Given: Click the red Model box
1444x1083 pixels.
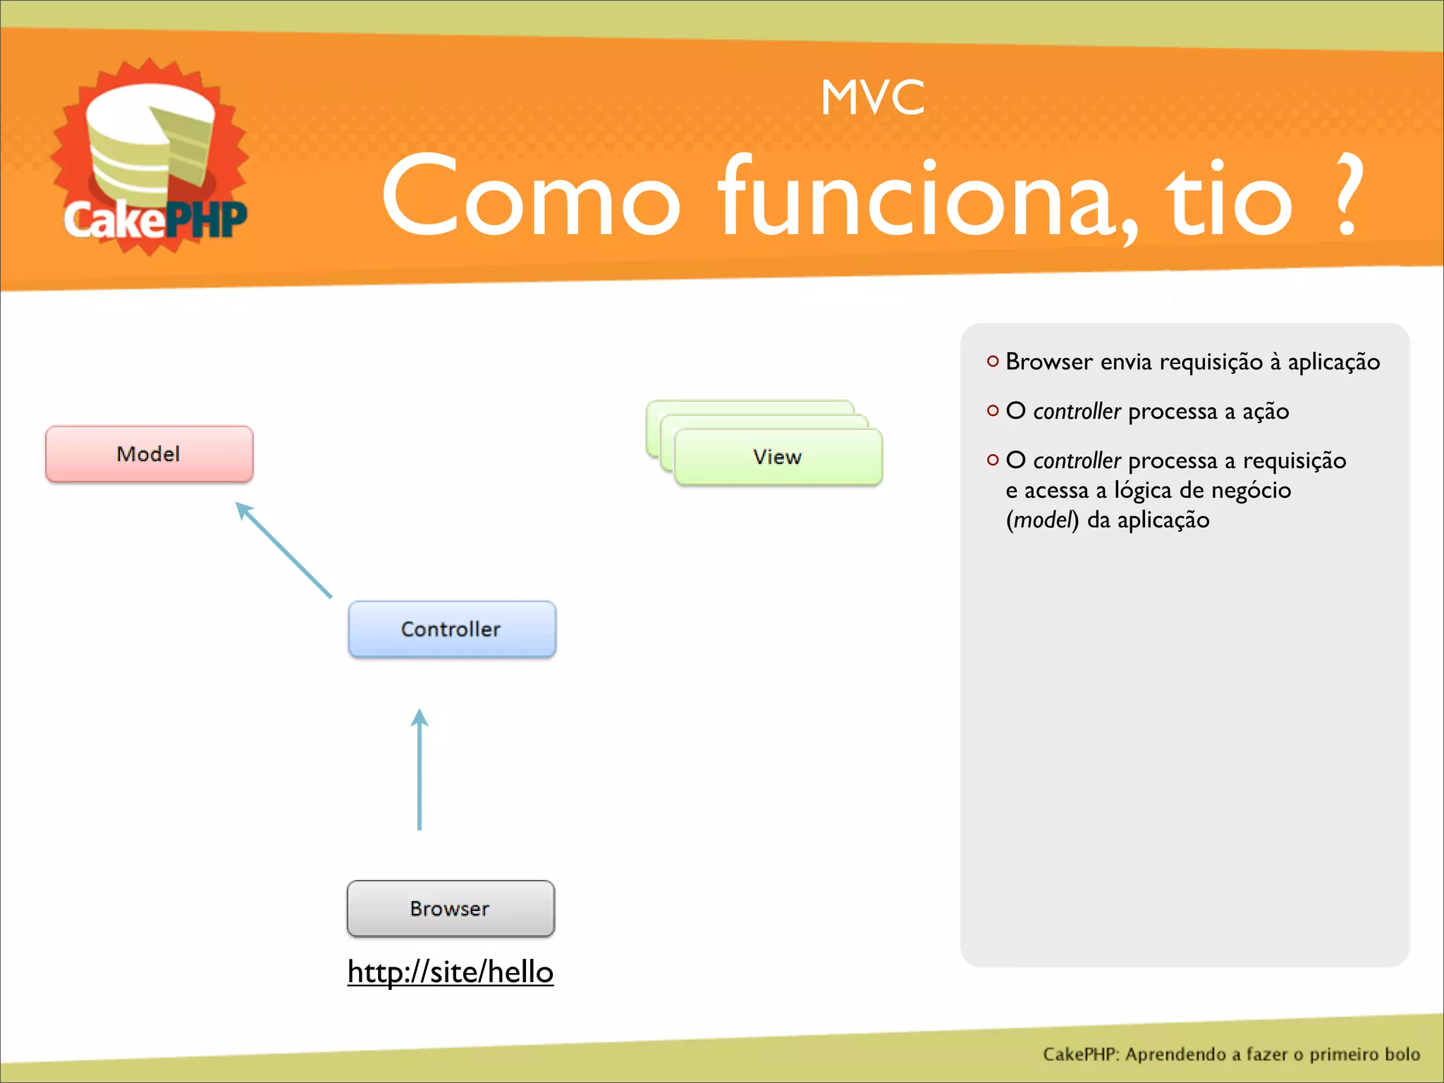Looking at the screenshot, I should tap(149, 454).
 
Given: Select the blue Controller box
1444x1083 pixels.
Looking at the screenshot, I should tap(451, 629).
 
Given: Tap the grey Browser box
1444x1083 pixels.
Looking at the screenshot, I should tap(451, 908).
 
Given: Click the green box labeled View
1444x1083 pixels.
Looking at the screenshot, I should tap(777, 457).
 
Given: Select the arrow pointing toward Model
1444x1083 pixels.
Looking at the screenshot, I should tap(283, 550).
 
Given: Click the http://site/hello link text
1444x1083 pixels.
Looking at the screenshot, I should tap(451, 972).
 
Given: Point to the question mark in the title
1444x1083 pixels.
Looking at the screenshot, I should tap(1347, 197).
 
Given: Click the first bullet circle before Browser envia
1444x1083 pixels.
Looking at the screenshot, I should tap(993, 361).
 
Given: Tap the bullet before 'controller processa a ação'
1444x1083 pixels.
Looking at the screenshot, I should tap(993, 410).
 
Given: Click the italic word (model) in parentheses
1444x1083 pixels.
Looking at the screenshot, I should tap(1042, 520).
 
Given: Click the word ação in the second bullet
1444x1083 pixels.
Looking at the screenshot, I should tap(1265, 412).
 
